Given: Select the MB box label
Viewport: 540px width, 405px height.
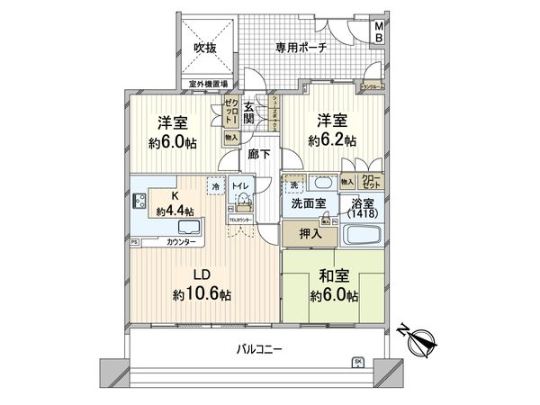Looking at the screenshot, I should pos(379,32).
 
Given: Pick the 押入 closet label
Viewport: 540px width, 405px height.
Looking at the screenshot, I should pos(306,233).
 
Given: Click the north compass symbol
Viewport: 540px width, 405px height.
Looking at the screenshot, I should pos(419,340).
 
